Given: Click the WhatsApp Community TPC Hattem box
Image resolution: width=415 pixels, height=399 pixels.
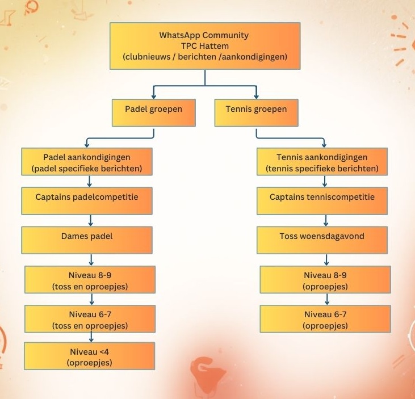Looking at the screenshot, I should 204,46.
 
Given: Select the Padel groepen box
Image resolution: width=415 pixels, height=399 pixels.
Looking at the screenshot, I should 154,112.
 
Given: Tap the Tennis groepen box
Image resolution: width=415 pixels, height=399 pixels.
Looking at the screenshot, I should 257,112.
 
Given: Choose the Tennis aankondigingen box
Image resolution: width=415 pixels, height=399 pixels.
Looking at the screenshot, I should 322,162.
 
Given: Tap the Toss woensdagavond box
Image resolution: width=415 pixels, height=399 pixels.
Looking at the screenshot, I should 322,240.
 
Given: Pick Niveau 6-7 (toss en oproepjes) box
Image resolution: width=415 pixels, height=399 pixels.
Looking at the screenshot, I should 90,320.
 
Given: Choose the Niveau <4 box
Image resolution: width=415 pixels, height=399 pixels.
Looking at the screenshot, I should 90,356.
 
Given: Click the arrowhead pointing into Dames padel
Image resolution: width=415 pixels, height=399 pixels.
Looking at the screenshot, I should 91,224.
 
